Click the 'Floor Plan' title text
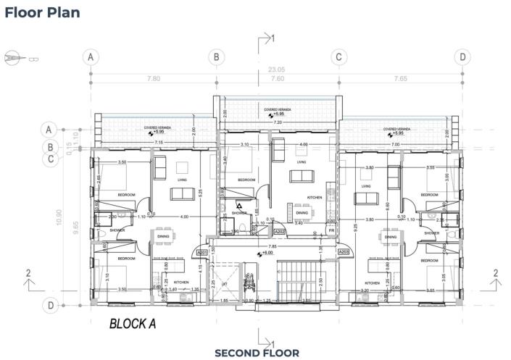click(x=43, y=12)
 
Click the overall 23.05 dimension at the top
click(x=276, y=70)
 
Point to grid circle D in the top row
click(x=462, y=56)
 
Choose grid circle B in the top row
click(x=215, y=56)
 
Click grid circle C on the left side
click(x=51, y=159)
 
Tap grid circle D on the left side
click(x=51, y=306)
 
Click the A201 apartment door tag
click(x=203, y=252)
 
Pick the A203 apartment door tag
click(x=345, y=251)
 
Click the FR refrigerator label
click(x=331, y=230)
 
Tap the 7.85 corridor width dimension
click(x=273, y=246)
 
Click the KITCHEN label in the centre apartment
click(x=315, y=197)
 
